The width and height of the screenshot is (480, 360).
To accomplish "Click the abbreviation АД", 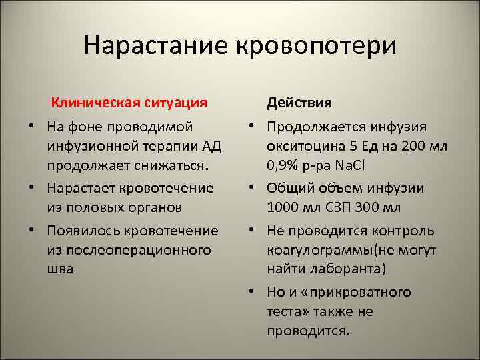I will tap(212, 145).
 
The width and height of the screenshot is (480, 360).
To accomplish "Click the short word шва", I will tap(61, 268).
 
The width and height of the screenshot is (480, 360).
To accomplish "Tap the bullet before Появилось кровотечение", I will tap(32, 231).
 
